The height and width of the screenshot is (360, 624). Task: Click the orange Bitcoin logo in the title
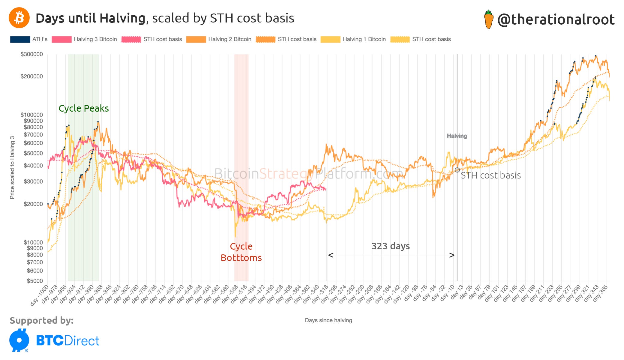(x=19, y=18)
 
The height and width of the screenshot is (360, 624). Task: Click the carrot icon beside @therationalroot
(x=489, y=19)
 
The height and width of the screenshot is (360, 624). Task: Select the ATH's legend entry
(x=29, y=39)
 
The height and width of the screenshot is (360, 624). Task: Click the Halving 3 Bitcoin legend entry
(x=84, y=39)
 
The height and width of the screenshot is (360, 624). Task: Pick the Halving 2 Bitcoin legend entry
(x=219, y=39)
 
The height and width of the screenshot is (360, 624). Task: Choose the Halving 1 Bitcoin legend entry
(x=353, y=39)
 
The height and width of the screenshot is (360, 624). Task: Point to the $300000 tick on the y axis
(x=31, y=54)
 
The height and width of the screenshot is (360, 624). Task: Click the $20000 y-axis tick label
(x=33, y=204)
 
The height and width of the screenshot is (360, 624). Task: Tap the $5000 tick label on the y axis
(x=34, y=281)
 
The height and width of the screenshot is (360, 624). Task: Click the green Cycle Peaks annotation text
(x=83, y=108)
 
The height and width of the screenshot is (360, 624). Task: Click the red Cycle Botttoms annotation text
(x=241, y=252)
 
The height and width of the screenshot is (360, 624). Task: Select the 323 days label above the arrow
(x=390, y=246)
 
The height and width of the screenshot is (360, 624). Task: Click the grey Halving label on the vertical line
(x=457, y=136)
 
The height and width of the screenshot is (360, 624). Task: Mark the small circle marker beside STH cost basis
(x=457, y=170)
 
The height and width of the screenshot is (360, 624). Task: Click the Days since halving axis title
(x=328, y=320)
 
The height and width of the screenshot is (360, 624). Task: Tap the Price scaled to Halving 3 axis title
(x=12, y=167)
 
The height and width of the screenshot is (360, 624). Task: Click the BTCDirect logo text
(x=67, y=341)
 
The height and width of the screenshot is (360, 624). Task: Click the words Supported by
(x=41, y=320)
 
